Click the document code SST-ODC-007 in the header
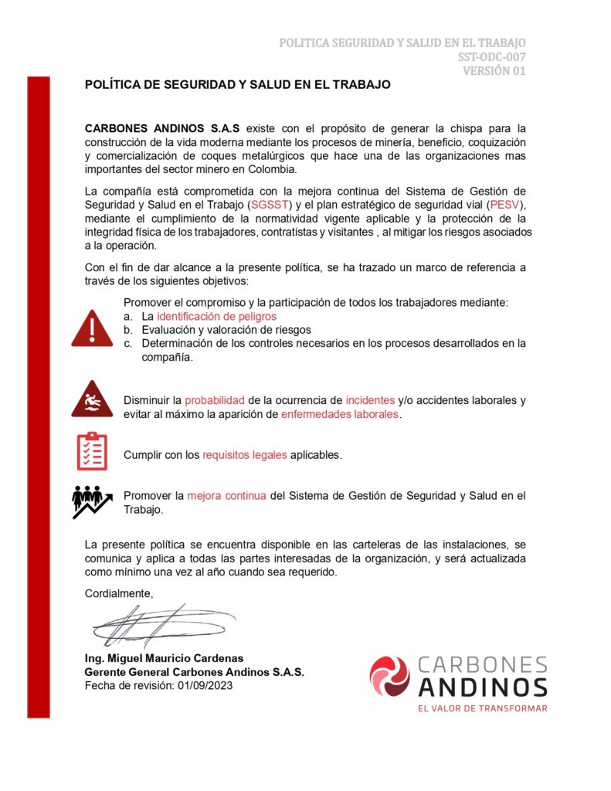click(x=491, y=56)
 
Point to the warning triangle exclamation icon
click(x=92, y=328)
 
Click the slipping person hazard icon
click(x=92, y=399)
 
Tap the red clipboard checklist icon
click(x=92, y=452)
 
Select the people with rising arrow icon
click(x=92, y=501)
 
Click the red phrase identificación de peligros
click(x=216, y=317)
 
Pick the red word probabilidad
click(x=215, y=400)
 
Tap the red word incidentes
click(x=370, y=400)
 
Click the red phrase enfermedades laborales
click(x=340, y=415)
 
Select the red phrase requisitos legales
click(x=245, y=455)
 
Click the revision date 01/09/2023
click(x=205, y=686)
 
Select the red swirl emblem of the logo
click(x=389, y=676)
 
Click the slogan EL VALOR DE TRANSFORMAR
click(x=482, y=708)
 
